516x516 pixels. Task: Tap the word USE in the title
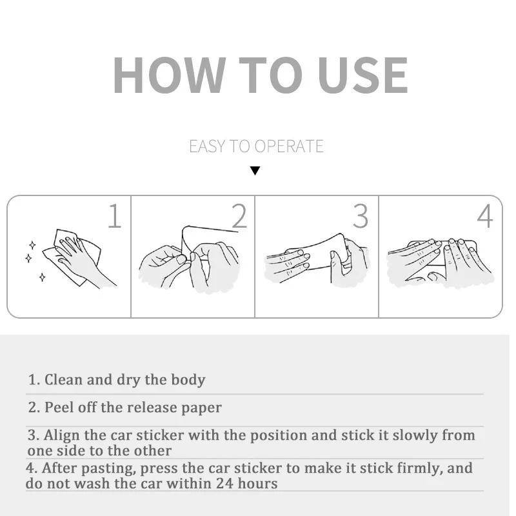[x=363, y=75]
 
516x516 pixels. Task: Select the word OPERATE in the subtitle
[x=288, y=146]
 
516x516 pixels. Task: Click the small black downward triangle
[x=255, y=171]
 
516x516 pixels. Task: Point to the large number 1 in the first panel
[x=115, y=215]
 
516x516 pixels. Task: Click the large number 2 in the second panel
[x=239, y=215]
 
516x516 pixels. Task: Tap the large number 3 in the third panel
[x=361, y=216]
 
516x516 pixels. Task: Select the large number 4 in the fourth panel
[x=485, y=216]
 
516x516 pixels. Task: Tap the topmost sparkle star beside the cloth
[x=32, y=245]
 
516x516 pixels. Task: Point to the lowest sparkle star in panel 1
[x=42, y=277]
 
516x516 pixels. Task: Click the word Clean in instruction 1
[x=63, y=379]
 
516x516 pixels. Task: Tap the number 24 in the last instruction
[x=224, y=483]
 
